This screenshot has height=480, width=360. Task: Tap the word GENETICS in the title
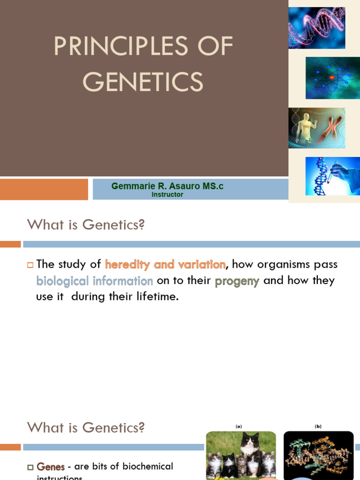pyautogui.click(x=143, y=82)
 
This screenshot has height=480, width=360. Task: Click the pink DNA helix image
pyautogui.click(x=316, y=28)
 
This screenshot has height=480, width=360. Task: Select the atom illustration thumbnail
pyautogui.click(x=332, y=78)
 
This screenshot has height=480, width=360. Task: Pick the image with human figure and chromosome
pyautogui.click(x=316, y=128)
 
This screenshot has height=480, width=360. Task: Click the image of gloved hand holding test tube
pyautogui.click(x=332, y=176)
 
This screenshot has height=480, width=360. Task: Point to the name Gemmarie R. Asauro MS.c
pyautogui.click(x=167, y=186)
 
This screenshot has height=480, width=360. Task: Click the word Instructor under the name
pyautogui.click(x=167, y=195)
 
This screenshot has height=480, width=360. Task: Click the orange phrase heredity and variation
pyautogui.click(x=165, y=264)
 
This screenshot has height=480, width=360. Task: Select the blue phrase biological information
pyautogui.click(x=95, y=281)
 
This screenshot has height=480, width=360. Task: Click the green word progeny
pyautogui.click(x=237, y=281)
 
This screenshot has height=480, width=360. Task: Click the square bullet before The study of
pyautogui.click(x=30, y=265)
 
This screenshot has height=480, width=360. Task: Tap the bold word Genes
pyautogui.click(x=51, y=467)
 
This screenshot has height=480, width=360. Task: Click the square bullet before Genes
pyautogui.click(x=30, y=467)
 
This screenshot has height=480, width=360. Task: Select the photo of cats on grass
pyautogui.click(x=241, y=455)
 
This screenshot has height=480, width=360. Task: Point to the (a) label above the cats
pyautogui.click(x=239, y=426)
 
